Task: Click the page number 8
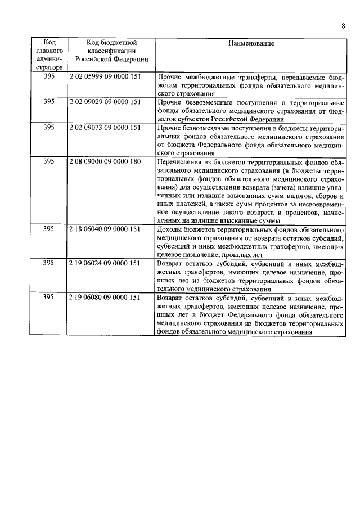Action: [343, 25]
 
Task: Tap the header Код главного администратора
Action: [49, 55]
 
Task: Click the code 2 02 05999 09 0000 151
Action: [105, 75]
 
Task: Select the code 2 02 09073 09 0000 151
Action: [105, 127]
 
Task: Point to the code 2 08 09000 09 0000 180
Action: [105, 161]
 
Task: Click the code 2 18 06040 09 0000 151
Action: [105, 230]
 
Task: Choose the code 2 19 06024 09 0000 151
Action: [105, 263]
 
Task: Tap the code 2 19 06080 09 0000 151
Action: [105, 297]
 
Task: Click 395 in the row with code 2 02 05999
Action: [49, 75]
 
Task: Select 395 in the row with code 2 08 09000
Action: [49, 161]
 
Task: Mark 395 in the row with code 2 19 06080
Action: [49, 297]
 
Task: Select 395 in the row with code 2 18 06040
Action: [49, 230]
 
